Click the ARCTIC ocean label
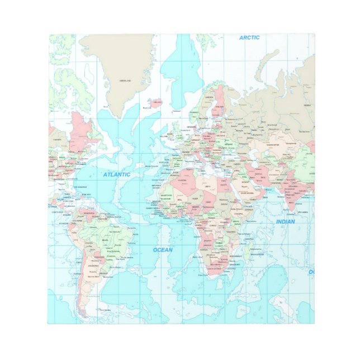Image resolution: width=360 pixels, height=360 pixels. coord(249,37)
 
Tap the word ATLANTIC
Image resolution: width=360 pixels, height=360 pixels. coord(116,174)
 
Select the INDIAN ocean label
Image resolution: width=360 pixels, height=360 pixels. coord(285,222)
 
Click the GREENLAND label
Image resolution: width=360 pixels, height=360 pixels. coord(125,80)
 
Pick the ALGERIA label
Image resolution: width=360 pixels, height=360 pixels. coord(183,180)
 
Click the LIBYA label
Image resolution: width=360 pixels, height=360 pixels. coord(208,186)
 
